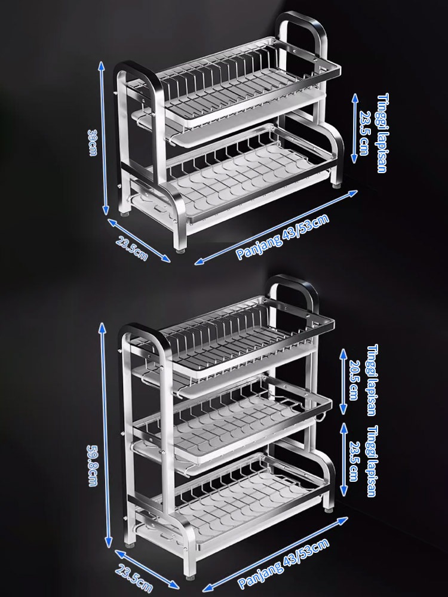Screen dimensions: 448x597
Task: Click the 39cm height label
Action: [92, 143]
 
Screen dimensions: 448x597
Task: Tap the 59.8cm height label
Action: [92, 466]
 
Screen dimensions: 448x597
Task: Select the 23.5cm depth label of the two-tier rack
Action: [131, 248]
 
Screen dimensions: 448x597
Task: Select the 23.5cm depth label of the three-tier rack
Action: [134, 578]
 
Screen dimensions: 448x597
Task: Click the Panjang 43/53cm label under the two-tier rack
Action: [283, 237]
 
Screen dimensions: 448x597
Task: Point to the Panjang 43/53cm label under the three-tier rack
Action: [283, 564]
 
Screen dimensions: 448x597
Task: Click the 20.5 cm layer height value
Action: [354, 380]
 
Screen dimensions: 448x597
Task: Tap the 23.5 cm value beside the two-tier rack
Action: [364, 133]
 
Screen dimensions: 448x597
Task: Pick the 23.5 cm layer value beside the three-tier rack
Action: [354, 461]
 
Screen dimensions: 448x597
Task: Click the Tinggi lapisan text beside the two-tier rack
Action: [382, 133]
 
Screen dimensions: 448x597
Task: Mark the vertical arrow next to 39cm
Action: [103, 138]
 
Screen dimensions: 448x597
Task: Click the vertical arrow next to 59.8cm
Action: [106, 435]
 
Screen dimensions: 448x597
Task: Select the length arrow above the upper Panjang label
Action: [276, 227]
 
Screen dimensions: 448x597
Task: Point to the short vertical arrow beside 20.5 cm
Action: [343, 381]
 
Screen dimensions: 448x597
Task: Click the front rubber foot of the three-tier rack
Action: [190, 577]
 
